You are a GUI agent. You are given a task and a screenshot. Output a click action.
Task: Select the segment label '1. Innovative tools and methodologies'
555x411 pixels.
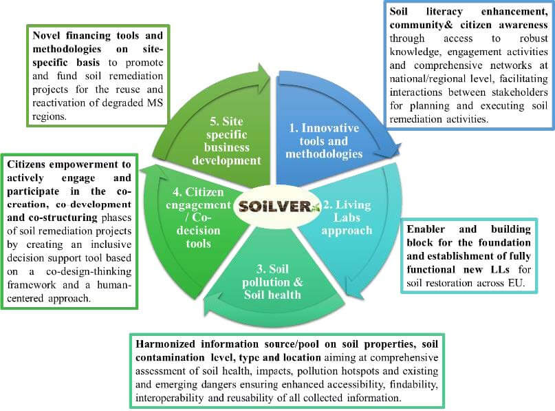pyautogui.click(x=324, y=140)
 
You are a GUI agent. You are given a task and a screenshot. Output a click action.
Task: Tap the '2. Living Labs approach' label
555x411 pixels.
pyautogui.click(x=347, y=217)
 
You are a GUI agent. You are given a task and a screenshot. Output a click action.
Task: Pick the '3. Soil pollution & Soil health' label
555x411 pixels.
pyautogui.click(x=272, y=282)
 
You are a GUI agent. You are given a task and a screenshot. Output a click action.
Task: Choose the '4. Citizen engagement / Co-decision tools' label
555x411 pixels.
pyautogui.click(x=198, y=218)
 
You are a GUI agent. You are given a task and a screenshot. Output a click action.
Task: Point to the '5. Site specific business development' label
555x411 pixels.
pyautogui.click(x=226, y=140)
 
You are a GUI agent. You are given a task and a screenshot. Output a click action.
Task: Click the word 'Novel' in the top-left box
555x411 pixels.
pyautogui.click(x=47, y=35)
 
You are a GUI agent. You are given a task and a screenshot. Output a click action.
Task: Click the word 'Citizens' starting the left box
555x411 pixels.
pyautogui.click(x=26, y=165)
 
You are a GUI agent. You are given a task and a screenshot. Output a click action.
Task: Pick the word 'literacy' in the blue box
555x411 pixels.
pyautogui.click(x=444, y=12)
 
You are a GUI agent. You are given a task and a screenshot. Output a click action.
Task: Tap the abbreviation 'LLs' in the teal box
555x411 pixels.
pyautogui.click(x=500, y=270)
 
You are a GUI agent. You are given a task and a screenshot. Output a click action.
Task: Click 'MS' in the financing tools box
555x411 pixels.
pyautogui.click(x=155, y=103)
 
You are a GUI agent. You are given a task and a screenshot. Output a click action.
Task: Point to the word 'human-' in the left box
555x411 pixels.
pyautogui.click(x=114, y=285)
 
